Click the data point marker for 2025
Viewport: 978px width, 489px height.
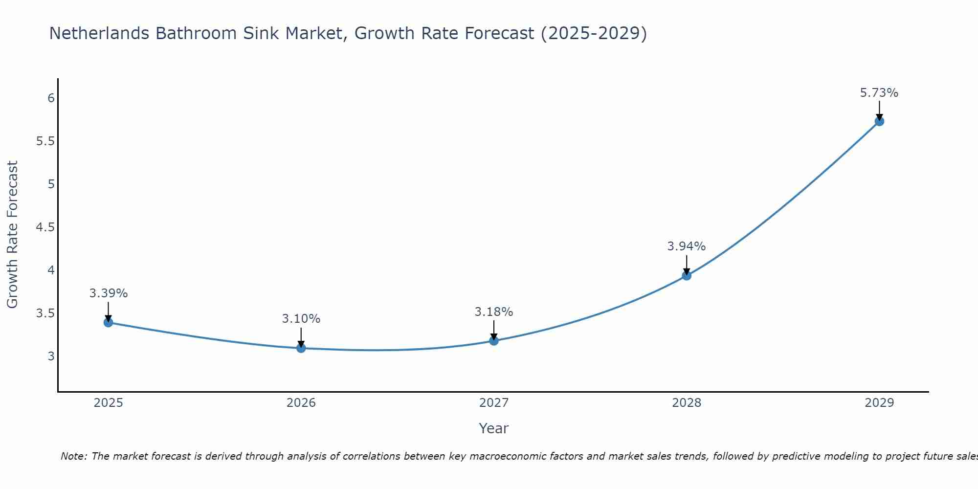108,322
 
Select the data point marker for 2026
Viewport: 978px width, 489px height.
301,348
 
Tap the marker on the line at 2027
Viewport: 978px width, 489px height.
493,340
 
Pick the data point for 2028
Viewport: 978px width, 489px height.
686,275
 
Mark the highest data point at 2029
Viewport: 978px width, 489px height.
879,121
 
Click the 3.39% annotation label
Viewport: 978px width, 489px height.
108,293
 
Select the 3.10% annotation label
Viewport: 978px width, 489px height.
301,319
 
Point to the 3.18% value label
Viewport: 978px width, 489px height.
493,312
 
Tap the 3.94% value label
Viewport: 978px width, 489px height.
686,246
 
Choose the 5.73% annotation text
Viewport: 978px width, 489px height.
879,93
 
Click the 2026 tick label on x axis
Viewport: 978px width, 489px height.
301,403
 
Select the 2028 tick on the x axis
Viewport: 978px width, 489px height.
686,403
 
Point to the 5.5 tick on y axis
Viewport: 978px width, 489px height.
45,141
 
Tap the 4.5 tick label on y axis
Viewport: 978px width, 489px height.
45,227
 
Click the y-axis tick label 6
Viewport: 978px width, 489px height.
51,98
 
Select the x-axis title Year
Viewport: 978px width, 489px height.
493,428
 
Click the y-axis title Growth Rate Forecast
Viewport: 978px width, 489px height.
13,235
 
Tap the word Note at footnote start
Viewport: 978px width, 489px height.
73,456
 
